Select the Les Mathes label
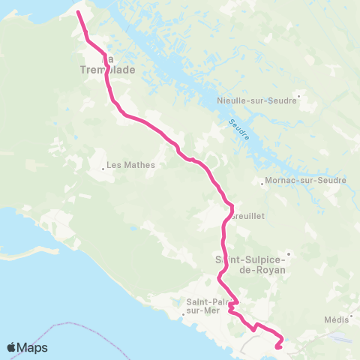(x=130, y=165)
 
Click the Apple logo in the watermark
(x=11, y=347)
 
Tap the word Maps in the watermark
(x=32, y=348)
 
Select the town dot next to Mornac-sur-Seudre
(x=259, y=181)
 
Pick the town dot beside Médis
(x=349, y=319)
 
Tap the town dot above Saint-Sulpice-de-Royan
(x=287, y=253)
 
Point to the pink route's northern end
(x=79, y=12)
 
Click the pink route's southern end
(x=278, y=346)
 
